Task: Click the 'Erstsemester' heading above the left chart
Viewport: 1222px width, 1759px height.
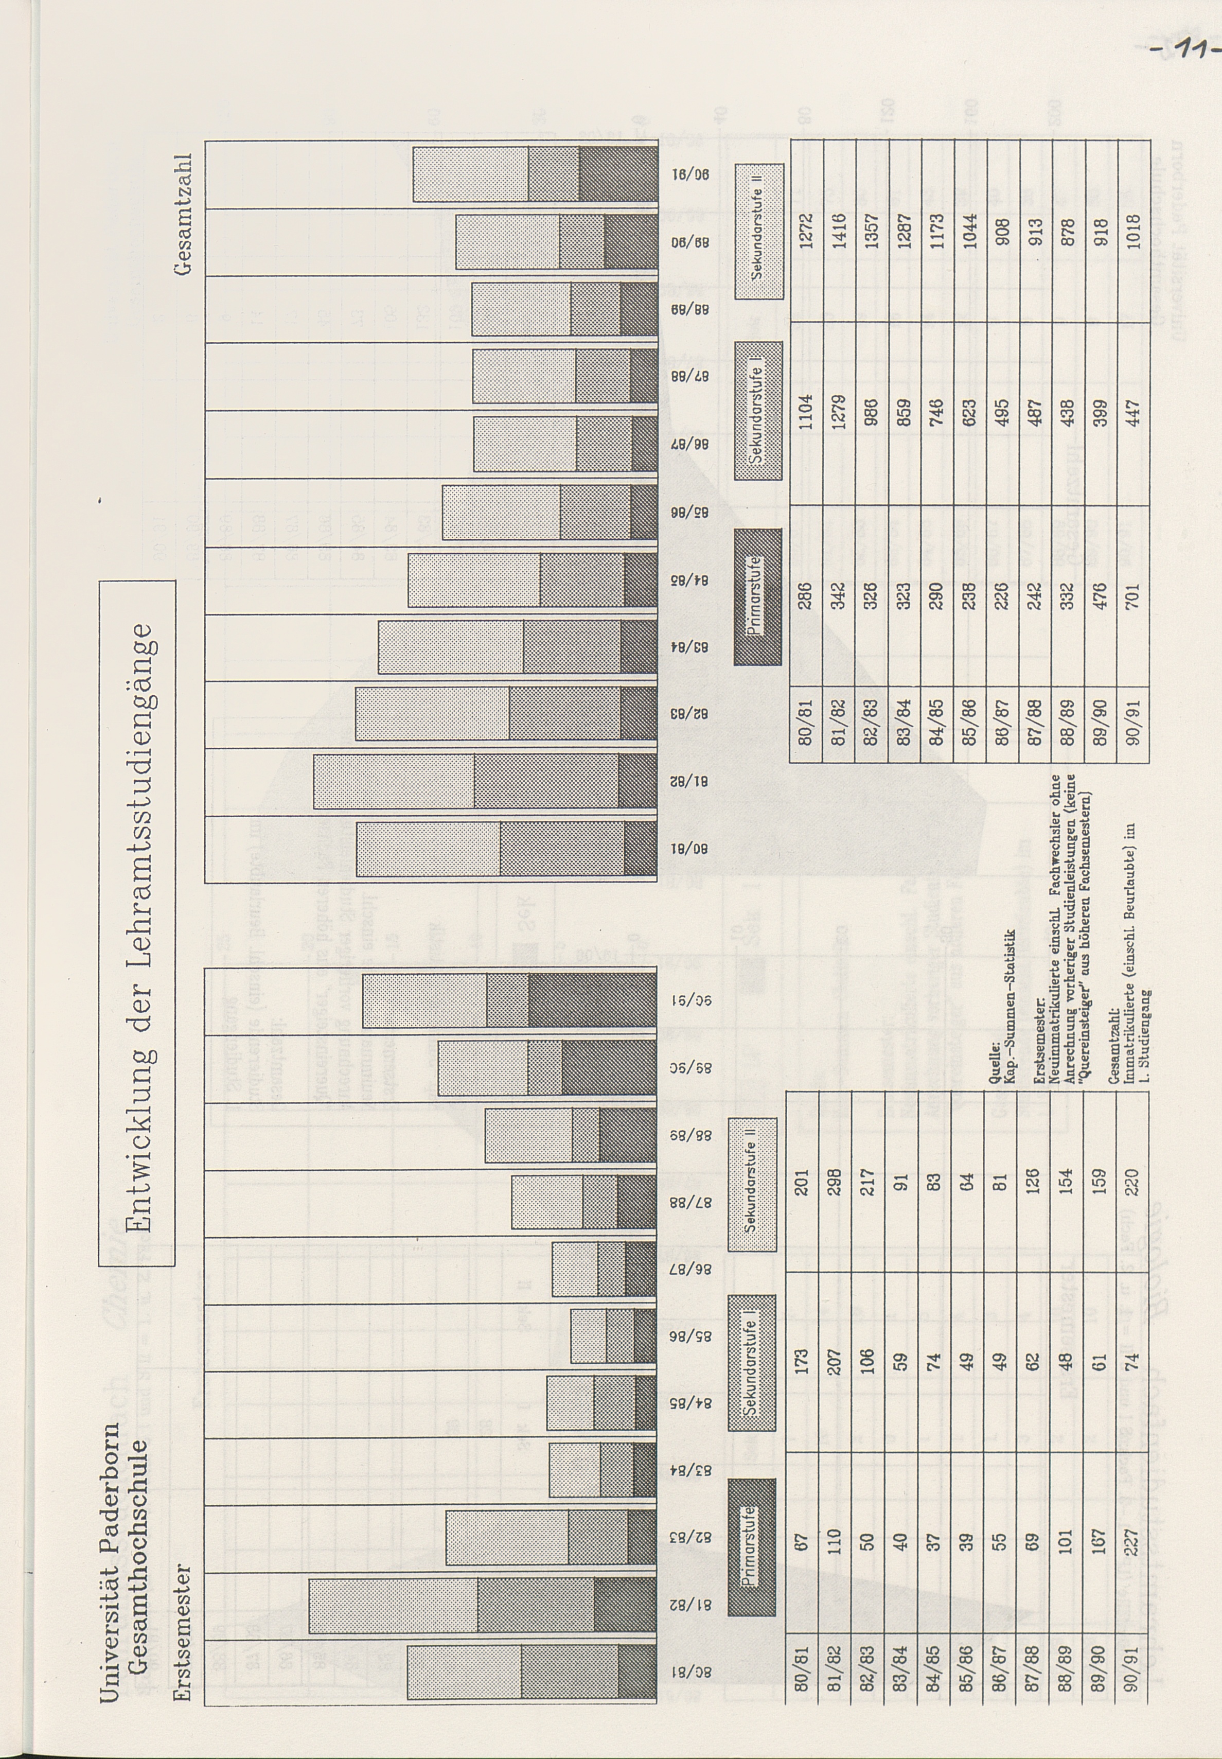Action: pos(183,1630)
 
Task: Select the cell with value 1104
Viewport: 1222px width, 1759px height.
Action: pos(805,413)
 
